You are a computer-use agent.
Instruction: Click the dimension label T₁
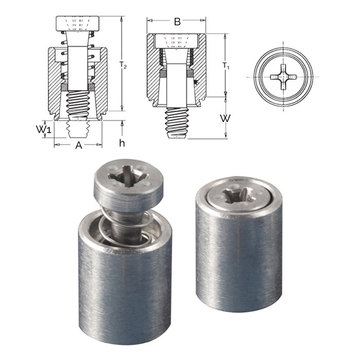(226, 66)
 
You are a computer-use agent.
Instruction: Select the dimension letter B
(177, 22)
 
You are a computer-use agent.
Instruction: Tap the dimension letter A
(79, 146)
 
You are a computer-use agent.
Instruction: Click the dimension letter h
(122, 143)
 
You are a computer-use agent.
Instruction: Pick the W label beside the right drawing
(225, 118)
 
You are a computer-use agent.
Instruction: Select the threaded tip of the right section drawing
(176, 123)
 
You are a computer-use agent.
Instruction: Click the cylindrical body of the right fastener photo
(239, 257)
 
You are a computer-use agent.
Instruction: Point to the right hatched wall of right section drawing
(201, 67)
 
